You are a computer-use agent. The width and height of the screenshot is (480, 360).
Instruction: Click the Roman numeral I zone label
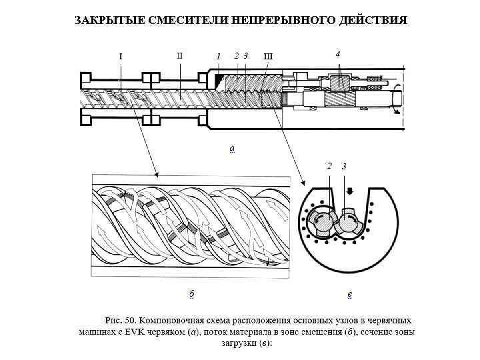click(120, 56)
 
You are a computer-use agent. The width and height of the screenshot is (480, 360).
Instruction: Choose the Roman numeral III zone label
click(269, 56)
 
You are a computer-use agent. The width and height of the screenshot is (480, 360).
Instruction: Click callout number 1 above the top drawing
click(218, 56)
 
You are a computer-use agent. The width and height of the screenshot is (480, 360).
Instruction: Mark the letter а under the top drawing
click(231, 148)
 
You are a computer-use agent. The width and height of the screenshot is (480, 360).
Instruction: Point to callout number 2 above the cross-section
click(329, 166)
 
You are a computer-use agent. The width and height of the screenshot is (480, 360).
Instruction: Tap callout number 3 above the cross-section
click(344, 166)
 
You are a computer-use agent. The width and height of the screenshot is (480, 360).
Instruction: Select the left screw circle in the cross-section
click(322, 220)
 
